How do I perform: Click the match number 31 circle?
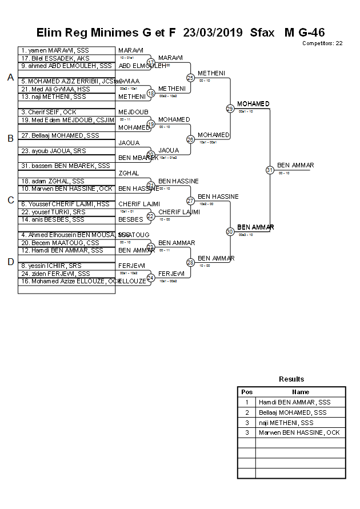270,170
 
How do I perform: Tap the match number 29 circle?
230,108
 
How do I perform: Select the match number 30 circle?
230,231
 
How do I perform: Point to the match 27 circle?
190,201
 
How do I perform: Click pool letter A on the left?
10,77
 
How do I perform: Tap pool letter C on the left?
10,200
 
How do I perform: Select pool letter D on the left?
10,262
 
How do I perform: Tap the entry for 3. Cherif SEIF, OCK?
49,112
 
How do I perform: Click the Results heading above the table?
291,379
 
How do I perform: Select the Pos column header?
247,392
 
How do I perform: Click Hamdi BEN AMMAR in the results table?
294,402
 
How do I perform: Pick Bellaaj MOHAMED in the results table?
293,412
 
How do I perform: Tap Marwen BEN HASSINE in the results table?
299,432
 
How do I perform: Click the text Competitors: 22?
322,43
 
